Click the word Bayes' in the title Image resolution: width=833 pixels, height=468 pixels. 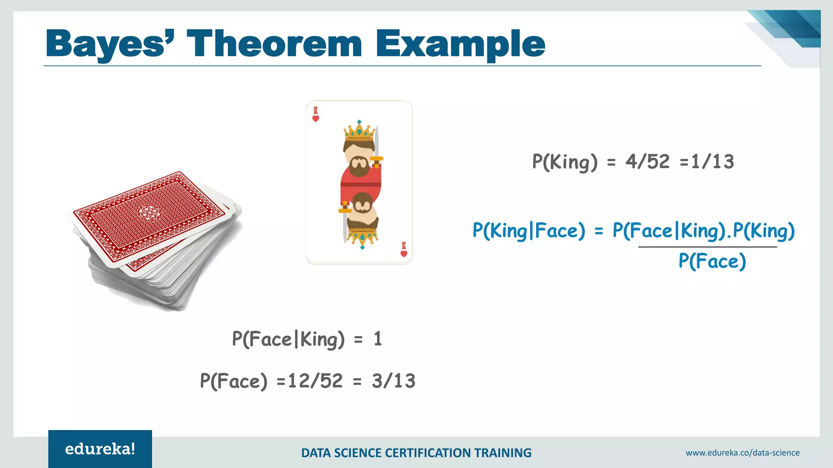[x=110, y=44]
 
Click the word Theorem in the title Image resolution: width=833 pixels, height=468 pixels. [x=274, y=44]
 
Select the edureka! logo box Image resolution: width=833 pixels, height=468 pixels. [x=100, y=449]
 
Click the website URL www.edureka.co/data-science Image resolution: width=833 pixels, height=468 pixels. [x=742, y=453]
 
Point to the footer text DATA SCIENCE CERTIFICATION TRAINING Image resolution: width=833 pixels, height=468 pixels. [x=416, y=453]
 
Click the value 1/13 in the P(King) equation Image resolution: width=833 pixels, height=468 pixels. [x=713, y=162]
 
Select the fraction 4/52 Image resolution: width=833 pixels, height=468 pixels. [x=647, y=162]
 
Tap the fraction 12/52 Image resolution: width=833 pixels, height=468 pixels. [x=315, y=381]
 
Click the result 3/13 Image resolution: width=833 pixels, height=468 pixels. [x=393, y=381]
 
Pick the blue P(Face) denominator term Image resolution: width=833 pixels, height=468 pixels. [x=712, y=261]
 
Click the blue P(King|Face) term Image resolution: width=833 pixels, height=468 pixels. [x=528, y=231]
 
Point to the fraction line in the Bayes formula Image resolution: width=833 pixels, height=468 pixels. [x=707, y=247]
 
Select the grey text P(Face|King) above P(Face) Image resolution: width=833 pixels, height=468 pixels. [x=288, y=339]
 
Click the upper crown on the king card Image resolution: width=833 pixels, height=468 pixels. [x=359, y=131]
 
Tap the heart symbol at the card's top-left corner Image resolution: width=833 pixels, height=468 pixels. [x=316, y=119]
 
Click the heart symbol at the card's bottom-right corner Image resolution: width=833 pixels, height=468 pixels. [x=403, y=253]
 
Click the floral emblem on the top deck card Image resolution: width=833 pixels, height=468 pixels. [x=148, y=212]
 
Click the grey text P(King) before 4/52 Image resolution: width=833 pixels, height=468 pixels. [x=565, y=162]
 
